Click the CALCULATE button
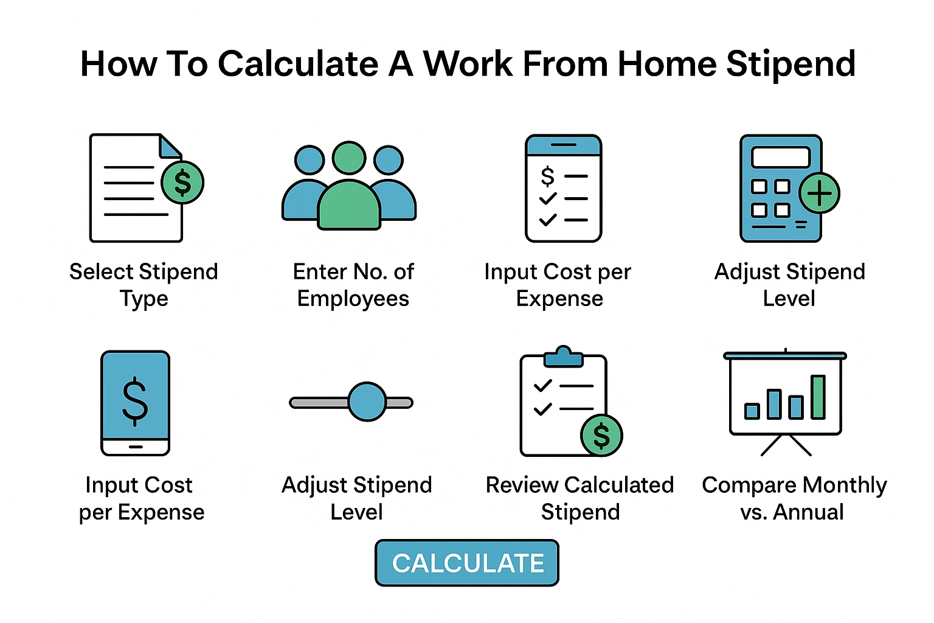[x=467, y=563]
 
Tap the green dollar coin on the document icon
[x=182, y=183]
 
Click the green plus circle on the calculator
[x=819, y=193]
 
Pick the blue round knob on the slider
[x=367, y=402]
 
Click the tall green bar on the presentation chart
[x=818, y=397]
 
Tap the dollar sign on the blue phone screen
[x=135, y=400]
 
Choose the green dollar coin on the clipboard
[x=601, y=435]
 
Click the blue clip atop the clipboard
[x=563, y=357]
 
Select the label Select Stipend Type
[x=144, y=285]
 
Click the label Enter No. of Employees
[x=353, y=285]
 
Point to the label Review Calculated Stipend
[x=580, y=498]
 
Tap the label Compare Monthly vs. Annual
[x=794, y=498]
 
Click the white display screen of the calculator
[x=781, y=157]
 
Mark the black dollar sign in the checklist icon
[x=547, y=176]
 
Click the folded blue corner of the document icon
[x=170, y=146]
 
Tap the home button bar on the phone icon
[x=135, y=447]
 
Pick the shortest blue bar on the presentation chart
[x=752, y=411]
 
